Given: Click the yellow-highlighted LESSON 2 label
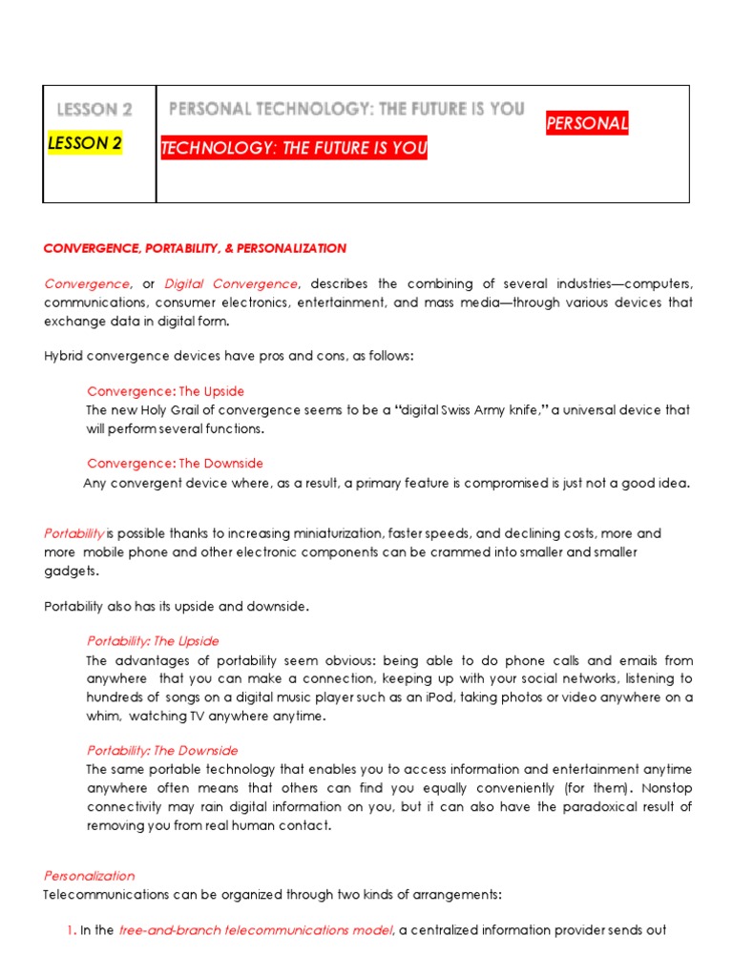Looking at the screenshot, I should point(84,143).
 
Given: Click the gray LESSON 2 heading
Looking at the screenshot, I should point(94,110).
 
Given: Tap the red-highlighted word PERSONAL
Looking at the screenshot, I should point(586,124).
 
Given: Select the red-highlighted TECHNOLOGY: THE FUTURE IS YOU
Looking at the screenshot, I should point(294,148).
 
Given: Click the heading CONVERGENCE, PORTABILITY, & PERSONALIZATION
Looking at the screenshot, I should point(195,248).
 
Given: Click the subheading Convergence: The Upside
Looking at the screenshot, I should point(165,391).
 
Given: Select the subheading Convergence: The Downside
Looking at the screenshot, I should point(175,463).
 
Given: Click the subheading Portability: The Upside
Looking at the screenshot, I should point(153,641).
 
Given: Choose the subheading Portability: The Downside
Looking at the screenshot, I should point(162,750).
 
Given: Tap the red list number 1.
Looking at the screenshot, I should point(70,930).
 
